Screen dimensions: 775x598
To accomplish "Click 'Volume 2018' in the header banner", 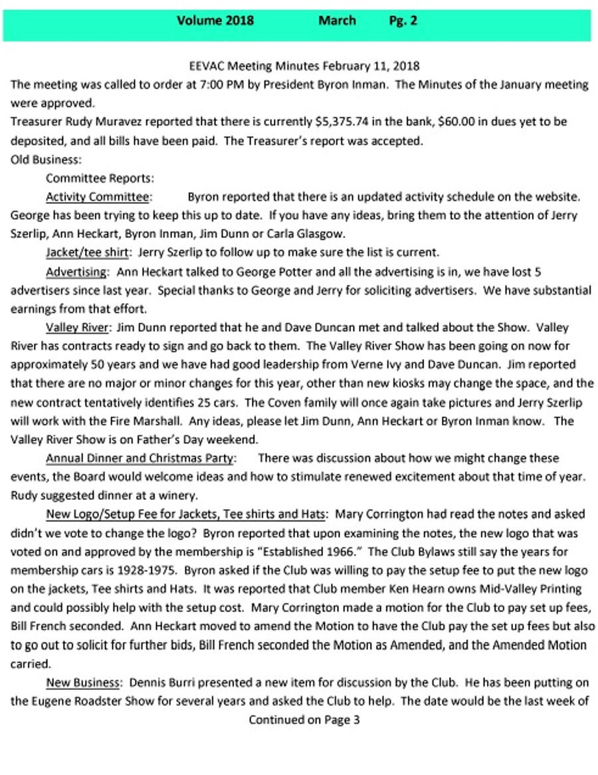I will [x=215, y=21].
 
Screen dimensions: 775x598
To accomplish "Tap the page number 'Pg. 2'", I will [x=403, y=21].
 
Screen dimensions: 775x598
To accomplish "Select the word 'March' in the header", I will [x=337, y=21].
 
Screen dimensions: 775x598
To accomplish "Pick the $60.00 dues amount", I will [x=415, y=122].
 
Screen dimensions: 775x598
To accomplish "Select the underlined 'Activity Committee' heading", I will [x=97, y=197].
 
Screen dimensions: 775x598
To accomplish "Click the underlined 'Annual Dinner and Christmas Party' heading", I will [x=140, y=458].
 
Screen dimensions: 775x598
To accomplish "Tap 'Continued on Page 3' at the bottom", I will [x=304, y=720].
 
